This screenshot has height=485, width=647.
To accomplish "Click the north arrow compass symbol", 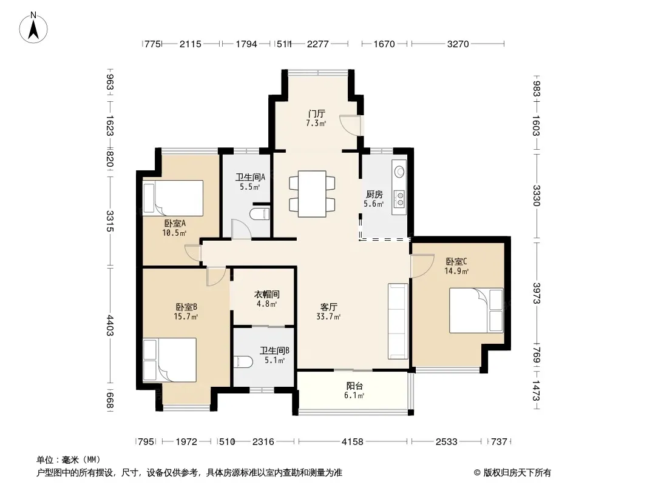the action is click(33, 28).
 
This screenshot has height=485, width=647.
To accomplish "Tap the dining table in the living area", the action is click(312, 193).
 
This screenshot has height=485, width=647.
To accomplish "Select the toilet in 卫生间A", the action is click(260, 214).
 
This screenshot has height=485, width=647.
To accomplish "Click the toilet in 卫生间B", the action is click(243, 362).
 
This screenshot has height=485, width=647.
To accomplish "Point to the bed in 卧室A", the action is click(173, 198).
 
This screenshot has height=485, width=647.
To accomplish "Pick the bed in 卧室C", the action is click(476, 310).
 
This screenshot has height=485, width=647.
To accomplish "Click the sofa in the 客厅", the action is click(398, 321).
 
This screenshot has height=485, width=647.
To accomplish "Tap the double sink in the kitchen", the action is click(399, 198).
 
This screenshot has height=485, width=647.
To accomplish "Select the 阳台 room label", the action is click(354, 386).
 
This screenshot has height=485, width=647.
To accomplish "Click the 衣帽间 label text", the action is click(266, 294).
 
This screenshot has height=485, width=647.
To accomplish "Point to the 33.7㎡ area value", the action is click(328, 316).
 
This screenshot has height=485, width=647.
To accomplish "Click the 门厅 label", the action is click(316, 113).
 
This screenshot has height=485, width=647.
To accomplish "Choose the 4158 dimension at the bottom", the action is click(353, 442).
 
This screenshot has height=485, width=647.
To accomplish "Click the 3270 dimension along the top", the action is click(458, 44).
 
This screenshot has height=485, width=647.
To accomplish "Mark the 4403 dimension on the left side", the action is click(110, 325).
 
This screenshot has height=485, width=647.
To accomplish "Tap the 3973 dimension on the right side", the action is click(537, 293).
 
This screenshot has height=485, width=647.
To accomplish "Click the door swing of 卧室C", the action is click(422, 266).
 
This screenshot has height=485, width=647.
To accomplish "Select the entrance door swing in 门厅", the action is click(350, 125).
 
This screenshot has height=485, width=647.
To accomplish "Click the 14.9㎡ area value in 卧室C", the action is click(456, 271).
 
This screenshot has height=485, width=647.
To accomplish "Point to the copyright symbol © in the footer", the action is click(477, 473).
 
